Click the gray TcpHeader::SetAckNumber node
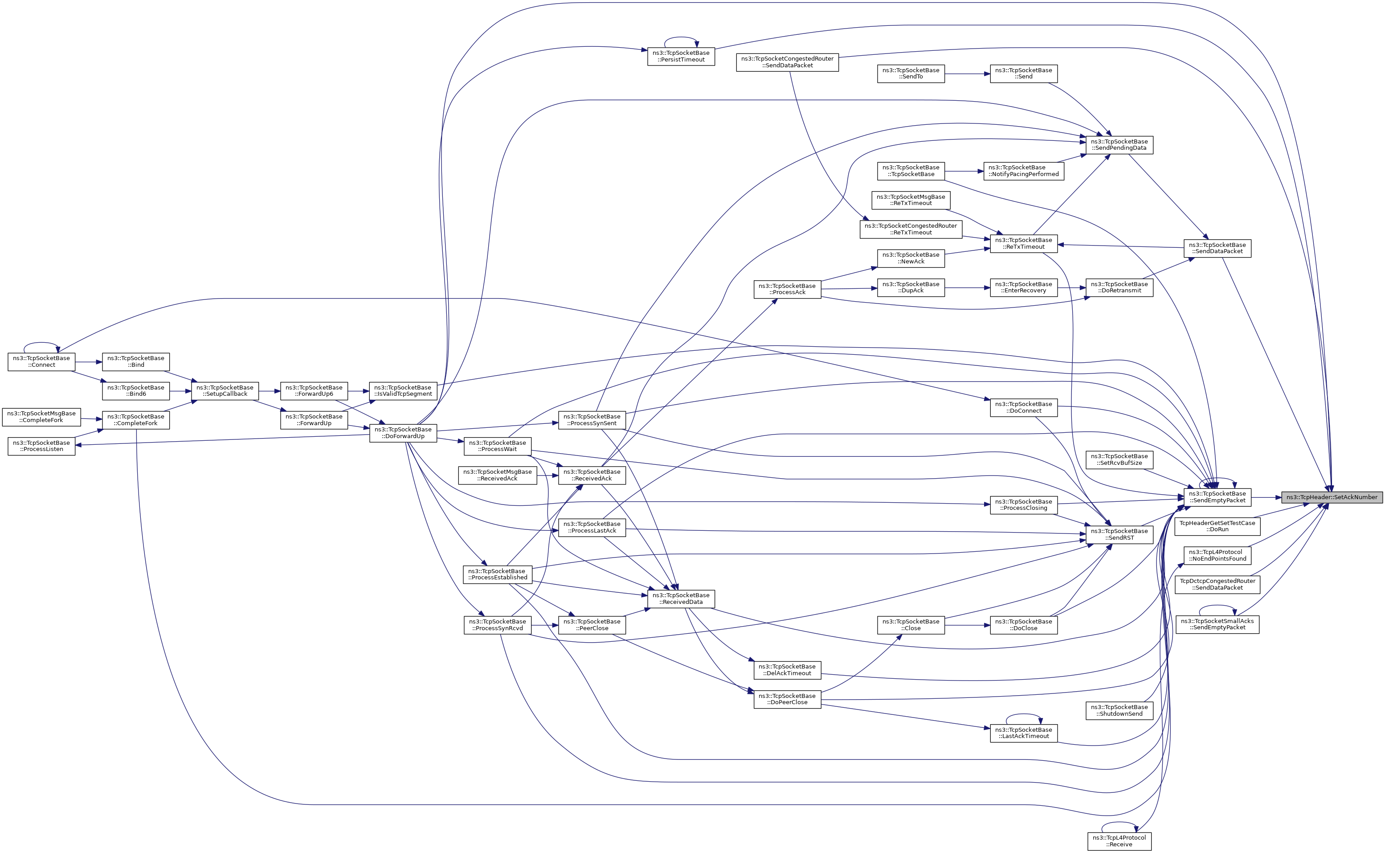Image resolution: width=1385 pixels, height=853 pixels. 1332,497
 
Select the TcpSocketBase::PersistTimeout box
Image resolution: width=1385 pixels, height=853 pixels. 681,57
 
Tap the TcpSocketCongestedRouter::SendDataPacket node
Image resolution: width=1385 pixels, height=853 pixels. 787,62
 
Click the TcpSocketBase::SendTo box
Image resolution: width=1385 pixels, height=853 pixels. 911,74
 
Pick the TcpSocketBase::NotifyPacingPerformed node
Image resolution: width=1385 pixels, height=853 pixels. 1024,171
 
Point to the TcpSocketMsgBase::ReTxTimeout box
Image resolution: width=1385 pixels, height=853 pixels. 911,200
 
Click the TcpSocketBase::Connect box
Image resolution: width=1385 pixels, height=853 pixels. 41,361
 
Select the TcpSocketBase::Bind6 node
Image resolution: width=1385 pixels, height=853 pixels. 135,390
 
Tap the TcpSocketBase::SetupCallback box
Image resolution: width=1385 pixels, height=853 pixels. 225,390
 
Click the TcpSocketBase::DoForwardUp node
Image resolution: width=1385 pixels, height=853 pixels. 403,433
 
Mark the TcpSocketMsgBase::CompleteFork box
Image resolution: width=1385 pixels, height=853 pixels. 41,417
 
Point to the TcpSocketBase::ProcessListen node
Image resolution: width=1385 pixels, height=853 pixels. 41,446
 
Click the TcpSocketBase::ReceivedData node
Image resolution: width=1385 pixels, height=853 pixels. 681,599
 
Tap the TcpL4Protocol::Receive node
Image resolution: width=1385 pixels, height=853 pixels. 1119,841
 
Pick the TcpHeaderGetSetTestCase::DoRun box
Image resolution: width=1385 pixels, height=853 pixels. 1217,526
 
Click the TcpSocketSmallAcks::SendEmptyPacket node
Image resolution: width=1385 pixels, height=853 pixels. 1217,624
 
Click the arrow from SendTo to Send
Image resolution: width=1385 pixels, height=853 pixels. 967,74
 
